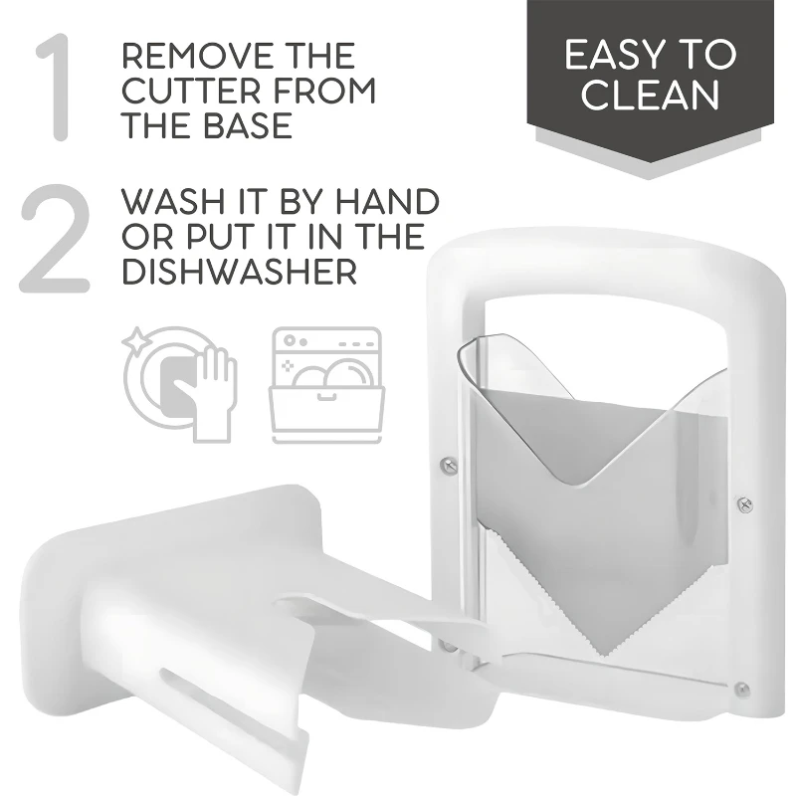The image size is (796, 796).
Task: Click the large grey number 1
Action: [x=56, y=88]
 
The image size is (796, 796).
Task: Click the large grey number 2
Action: [x=55, y=238]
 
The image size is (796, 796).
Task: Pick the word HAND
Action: [x=387, y=202]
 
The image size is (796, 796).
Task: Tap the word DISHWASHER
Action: [x=239, y=272]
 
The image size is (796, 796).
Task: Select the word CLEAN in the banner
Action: [x=651, y=95]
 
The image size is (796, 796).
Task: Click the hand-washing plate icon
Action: [x=180, y=384]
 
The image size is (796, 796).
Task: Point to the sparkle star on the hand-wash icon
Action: [x=134, y=338]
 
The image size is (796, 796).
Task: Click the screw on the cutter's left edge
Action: [x=449, y=464]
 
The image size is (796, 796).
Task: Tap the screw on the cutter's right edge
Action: [x=744, y=504]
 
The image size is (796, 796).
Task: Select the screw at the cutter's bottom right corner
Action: [x=741, y=689]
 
